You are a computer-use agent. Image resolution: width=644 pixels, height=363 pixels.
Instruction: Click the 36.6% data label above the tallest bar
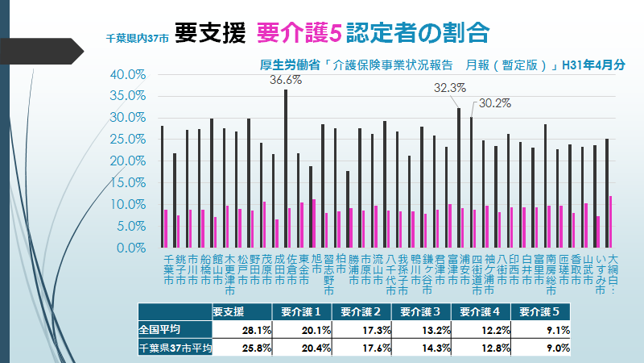285,81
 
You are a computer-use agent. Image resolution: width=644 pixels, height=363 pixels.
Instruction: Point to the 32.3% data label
450,88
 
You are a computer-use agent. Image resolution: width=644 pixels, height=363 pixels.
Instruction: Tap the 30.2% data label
495,103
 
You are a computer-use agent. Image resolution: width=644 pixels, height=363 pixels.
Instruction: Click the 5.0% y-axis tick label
129,227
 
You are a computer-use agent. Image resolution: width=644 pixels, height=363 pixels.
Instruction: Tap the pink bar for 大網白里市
610,222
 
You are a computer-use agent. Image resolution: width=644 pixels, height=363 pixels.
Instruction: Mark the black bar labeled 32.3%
459,177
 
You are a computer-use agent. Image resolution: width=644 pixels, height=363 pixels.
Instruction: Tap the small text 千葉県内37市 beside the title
138,37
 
